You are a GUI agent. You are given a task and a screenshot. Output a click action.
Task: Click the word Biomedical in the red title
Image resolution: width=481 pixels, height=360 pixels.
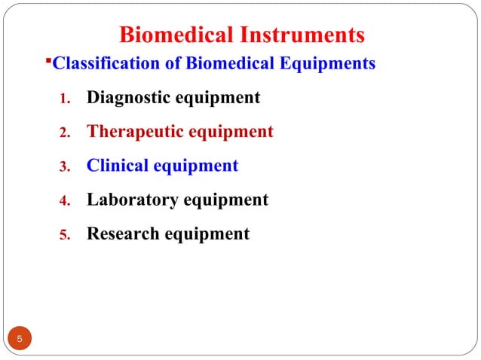point(175,35)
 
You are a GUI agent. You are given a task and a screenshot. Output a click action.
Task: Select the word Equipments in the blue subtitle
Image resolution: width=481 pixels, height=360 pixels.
point(328,64)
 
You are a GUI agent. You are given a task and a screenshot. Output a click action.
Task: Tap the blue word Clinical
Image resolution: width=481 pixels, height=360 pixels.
point(117,166)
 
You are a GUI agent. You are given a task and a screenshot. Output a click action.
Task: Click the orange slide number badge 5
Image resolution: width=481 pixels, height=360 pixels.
point(20,340)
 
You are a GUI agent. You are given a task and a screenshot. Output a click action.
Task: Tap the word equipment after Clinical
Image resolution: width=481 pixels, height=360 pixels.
point(195,166)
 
